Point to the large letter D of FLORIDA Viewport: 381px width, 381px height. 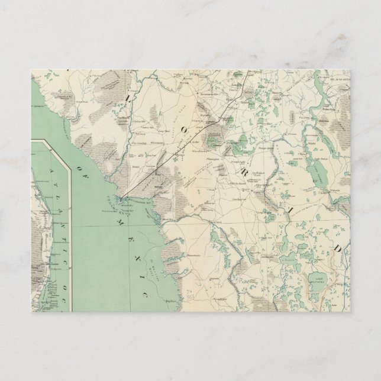[x=338, y=248]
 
